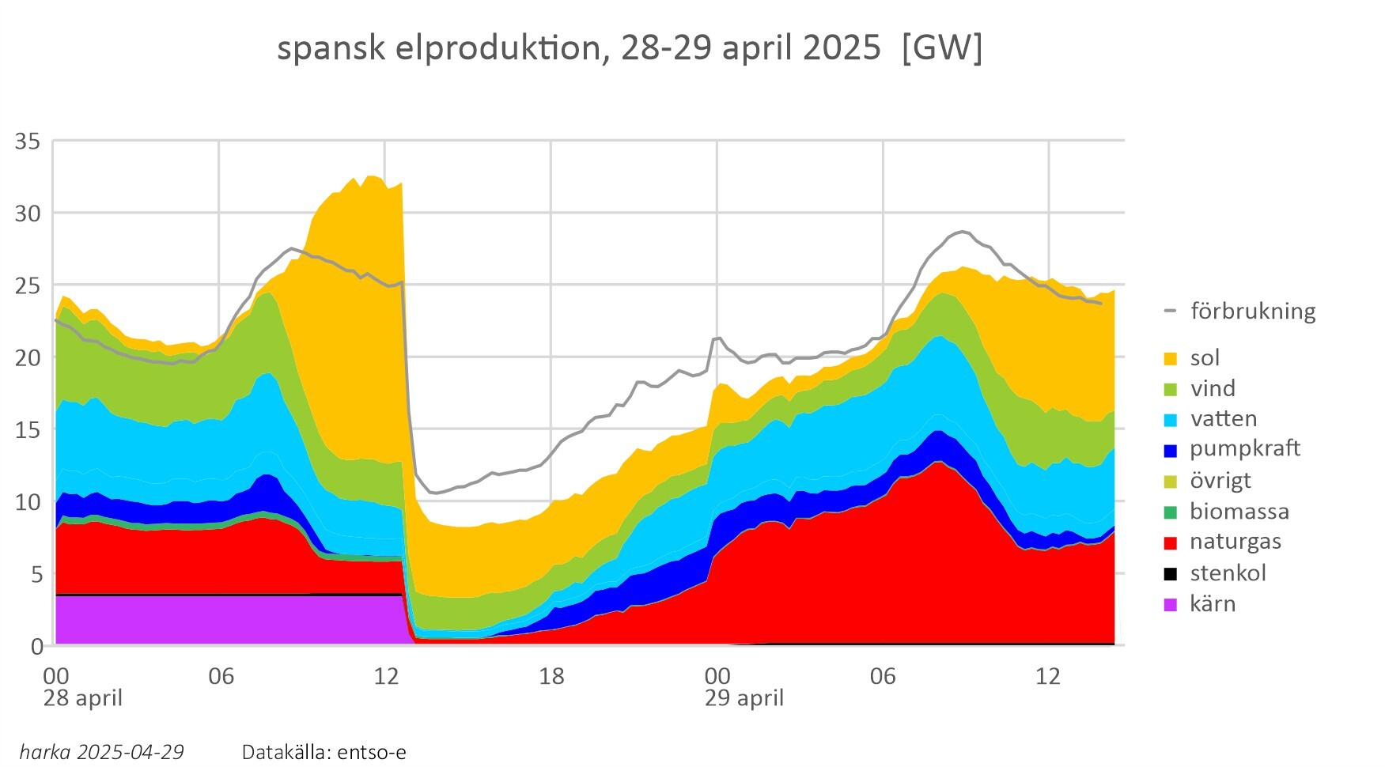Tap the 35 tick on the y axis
28,142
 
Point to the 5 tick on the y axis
36,575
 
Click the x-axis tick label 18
551,677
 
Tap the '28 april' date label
82,699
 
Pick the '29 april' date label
744,699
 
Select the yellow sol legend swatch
1171,359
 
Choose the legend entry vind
1212,388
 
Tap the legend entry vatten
1223,419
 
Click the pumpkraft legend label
1244,449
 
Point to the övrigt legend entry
1220,481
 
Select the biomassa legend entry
1239,512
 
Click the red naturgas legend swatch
1171,543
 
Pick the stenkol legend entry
1228,573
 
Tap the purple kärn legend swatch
1171,605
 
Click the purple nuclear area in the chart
229,621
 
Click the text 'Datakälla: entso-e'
324,752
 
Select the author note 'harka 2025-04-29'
101,752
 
